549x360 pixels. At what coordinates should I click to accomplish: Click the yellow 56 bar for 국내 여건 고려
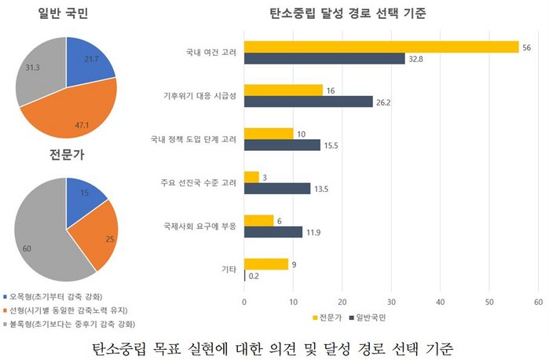pos(381,47)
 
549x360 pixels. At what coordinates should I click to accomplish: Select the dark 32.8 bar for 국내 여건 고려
pos(324,58)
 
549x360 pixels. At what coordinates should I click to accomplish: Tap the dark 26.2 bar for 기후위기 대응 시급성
pos(309,101)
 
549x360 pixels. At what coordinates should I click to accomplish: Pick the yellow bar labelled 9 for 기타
pos(266,264)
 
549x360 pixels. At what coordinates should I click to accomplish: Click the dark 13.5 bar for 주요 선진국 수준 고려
pos(277,187)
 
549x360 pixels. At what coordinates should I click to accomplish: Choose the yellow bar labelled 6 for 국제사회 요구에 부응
pos(259,221)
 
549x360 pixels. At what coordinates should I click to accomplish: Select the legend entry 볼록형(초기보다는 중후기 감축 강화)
pos(67,324)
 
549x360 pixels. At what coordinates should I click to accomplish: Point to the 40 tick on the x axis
pos(440,300)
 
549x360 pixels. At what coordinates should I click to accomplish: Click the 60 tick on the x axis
pos(538,300)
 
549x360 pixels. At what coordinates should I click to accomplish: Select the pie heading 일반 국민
pos(67,13)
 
